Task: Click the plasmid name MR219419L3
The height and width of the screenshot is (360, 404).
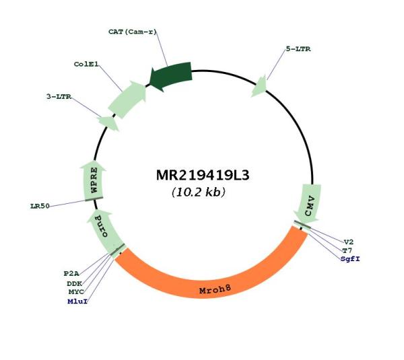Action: coord(203,176)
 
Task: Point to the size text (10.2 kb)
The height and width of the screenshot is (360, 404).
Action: coord(199,192)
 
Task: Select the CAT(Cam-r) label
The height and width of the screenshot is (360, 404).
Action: coord(133,32)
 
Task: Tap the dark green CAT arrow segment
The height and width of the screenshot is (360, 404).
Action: coord(171,76)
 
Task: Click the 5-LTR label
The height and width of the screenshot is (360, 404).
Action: coord(298,49)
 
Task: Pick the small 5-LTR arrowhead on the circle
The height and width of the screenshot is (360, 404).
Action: coord(259,87)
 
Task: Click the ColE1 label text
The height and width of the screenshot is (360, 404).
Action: coord(86,64)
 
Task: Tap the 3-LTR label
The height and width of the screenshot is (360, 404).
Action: coord(59,97)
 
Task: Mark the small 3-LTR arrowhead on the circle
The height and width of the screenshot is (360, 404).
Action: coord(108,123)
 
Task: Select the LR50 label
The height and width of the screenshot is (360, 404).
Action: coord(40,206)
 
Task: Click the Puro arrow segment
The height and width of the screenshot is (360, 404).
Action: coord(104,231)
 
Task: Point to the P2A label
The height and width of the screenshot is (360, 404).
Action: coord(71,273)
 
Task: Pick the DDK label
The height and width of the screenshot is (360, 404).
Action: coord(75,283)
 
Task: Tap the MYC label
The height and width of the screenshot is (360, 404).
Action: coord(76,292)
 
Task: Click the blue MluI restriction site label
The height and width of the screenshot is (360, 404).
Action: coord(77,301)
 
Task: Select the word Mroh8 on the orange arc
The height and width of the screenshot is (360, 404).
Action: coord(215,289)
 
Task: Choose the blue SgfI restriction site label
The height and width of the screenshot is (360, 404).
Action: coord(350,259)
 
